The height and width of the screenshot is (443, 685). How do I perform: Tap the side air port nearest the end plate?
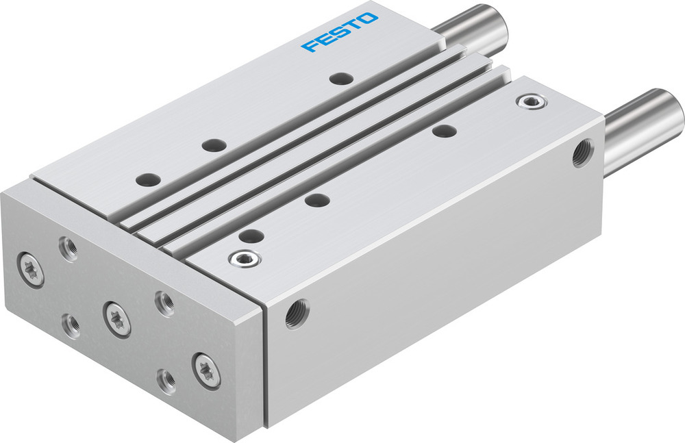coord(297,314)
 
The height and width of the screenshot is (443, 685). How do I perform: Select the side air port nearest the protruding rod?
coord(583,152)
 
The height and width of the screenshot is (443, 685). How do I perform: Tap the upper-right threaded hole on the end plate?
coord(164,303)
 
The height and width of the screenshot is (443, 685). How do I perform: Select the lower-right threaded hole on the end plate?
coord(165,381)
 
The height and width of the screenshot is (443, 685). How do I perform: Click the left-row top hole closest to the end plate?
coord(148,179)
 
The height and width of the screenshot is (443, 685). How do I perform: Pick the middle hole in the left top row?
coord(214,145)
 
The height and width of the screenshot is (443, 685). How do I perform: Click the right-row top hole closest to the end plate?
coord(251,236)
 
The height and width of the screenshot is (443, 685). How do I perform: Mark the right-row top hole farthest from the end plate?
coord(444,131)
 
